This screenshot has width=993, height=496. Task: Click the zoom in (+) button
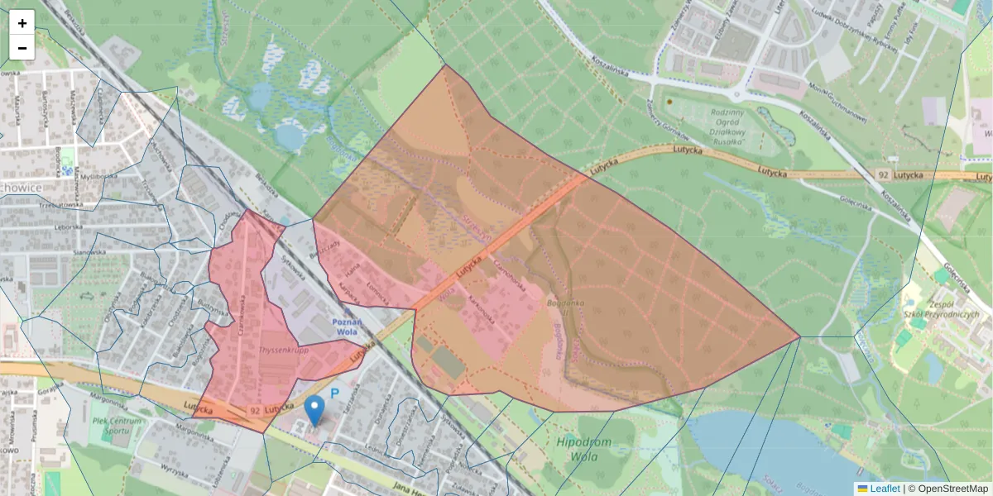22,23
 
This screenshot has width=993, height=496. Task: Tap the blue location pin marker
314,409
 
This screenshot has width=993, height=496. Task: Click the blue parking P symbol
335,393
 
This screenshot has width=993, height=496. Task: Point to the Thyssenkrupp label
283,350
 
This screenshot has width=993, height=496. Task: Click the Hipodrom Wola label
584,448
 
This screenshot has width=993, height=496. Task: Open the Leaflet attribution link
885,489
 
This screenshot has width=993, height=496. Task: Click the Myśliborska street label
97,176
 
